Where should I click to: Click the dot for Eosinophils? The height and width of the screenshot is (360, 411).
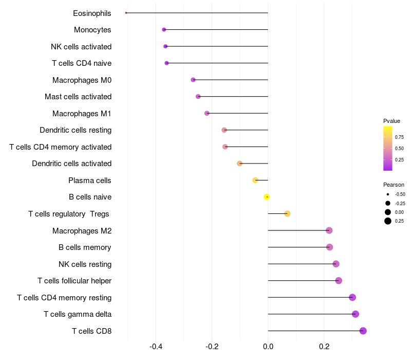click(x=126, y=13)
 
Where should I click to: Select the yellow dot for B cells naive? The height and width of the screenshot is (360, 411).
click(x=267, y=197)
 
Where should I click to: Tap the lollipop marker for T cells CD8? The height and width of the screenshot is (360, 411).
click(x=363, y=331)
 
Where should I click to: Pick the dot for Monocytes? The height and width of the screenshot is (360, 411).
click(x=164, y=30)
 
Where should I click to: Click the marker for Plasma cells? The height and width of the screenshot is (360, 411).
click(x=255, y=180)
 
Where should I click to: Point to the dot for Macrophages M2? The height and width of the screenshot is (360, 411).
click(x=329, y=230)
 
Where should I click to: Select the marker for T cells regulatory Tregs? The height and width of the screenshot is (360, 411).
click(x=287, y=214)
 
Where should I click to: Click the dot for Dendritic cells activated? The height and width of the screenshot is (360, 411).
click(x=239, y=164)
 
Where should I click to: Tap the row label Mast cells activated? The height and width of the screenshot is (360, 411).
click(x=78, y=97)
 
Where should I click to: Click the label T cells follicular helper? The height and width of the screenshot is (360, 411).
click(x=74, y=281)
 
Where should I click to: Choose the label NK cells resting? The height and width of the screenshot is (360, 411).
click(x=85, y=264)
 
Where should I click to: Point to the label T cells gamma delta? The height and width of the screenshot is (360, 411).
click(x=78, y=314)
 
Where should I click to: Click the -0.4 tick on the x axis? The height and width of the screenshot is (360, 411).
click(x=156, y=347)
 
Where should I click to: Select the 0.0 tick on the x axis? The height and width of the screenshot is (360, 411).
click(x=268, y=347)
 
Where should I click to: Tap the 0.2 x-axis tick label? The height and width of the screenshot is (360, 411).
click(x=324, y=347)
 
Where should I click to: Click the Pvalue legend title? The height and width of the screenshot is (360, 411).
click(x=391, y=121)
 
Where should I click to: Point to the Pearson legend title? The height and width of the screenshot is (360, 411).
click(x=394, y=185)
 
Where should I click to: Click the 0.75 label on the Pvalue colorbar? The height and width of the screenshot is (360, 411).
click(x=399, y=137)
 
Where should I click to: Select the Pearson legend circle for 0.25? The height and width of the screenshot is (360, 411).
click(x=387, y=221)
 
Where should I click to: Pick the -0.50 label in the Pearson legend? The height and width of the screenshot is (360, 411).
click(x=400, y=194)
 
